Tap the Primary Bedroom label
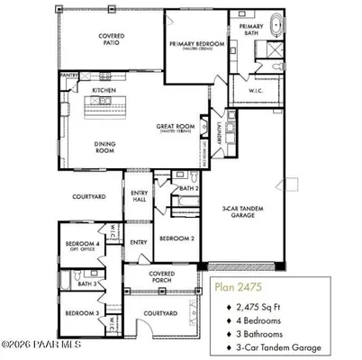coord(195,42)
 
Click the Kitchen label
coord(105,91)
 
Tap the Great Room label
coord(176,126)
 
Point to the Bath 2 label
coord(188,188)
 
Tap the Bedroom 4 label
coord(82,243)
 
